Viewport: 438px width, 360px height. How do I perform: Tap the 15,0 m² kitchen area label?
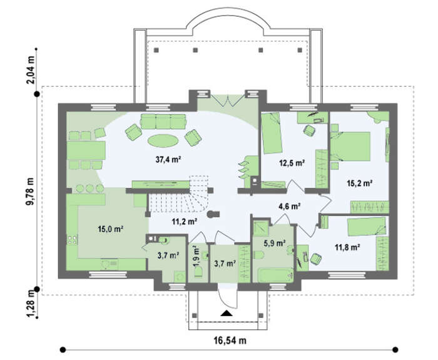click(111, 229)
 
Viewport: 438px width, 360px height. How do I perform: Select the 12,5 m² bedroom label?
click(292, 163)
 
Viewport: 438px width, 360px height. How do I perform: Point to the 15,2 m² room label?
click(359, 183)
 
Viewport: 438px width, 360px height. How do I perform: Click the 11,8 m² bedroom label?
click(347, 247)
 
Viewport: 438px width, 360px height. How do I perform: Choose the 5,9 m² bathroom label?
click(275, 243)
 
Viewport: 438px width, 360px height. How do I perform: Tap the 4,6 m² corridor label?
click(289, 207)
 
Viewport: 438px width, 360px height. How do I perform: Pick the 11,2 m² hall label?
click(185, 222)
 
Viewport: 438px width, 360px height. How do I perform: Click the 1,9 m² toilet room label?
click(196, 256)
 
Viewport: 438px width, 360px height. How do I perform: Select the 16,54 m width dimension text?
click(230, 341)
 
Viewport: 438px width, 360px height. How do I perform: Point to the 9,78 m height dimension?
click(30, 192)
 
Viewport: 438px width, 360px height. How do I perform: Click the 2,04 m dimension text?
click(30, 70)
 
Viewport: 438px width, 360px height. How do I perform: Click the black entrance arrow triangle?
click(227, 313)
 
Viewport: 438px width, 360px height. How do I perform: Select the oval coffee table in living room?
click(163, 141)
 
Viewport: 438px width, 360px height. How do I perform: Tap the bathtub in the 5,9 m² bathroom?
click(275, 275)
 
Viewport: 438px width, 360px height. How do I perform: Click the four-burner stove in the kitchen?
click(73, 240)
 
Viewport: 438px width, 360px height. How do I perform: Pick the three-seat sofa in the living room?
click(163, 121)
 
